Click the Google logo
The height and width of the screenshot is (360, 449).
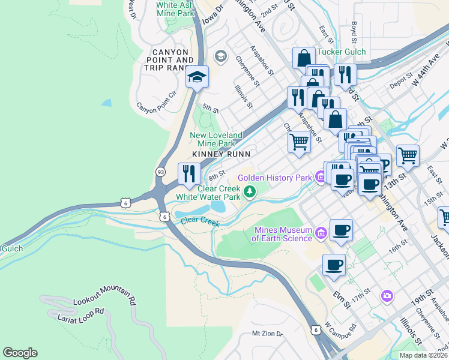(20, 353)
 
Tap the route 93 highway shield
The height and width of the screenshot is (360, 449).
(160, 172)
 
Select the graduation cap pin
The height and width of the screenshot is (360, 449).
(197, 78)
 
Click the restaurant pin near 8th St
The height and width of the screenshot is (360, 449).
(189, 174)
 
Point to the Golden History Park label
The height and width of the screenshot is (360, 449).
(275, 178)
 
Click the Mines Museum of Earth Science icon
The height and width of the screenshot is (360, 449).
(321, 232)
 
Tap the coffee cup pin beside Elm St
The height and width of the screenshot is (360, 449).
(334, 265)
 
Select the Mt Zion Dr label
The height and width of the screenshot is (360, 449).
(267, 333)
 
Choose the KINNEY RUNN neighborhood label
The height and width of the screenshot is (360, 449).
(216, 155)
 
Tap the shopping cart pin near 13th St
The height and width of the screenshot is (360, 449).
(408, 155)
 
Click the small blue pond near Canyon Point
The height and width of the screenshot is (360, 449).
(106, 103)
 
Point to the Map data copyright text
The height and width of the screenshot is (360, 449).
(423, 355)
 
